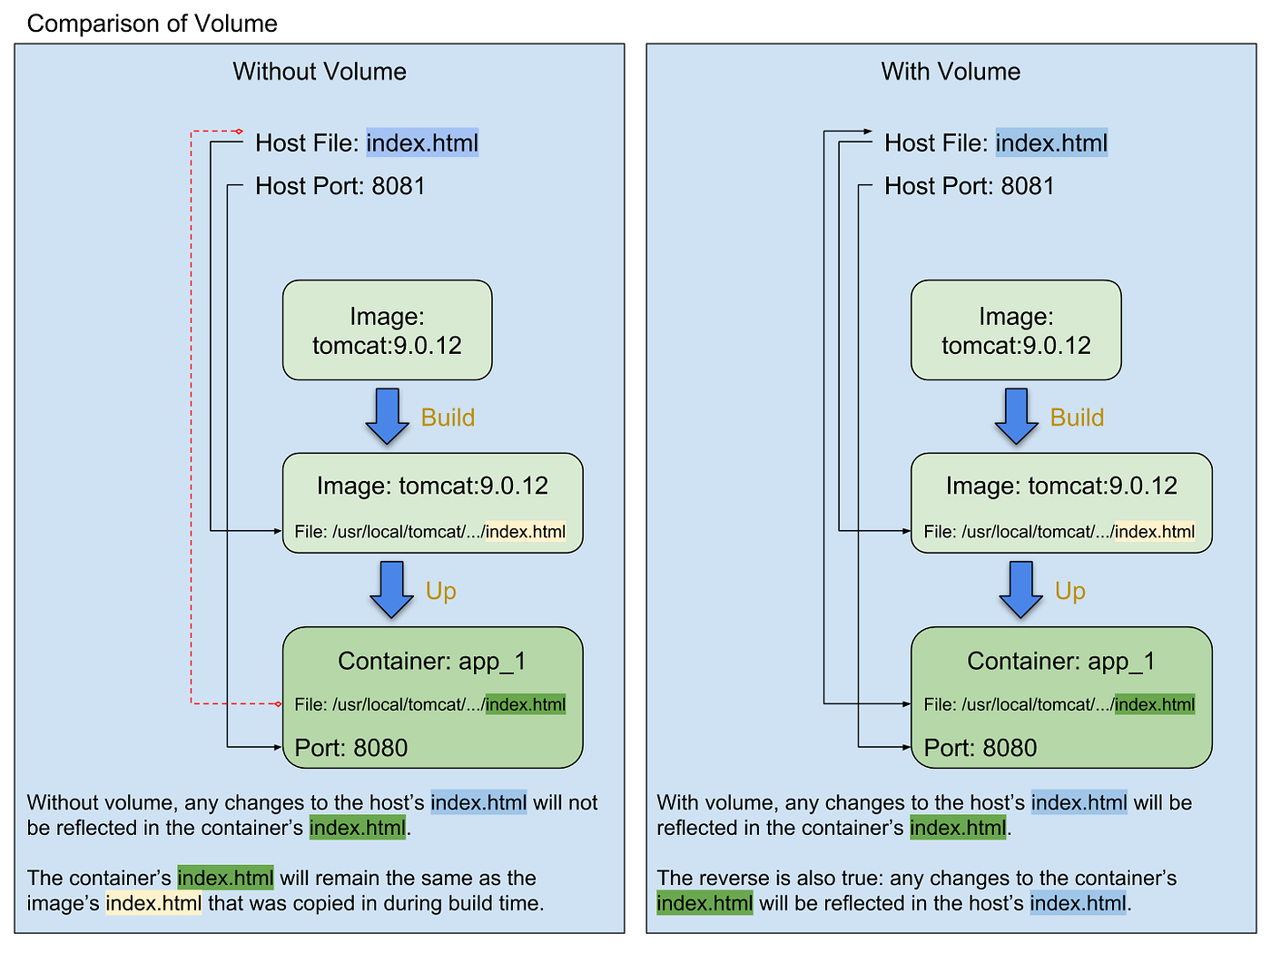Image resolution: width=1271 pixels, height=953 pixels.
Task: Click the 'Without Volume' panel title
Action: point(320,72)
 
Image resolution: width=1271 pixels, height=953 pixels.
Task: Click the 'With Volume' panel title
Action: point(951,72)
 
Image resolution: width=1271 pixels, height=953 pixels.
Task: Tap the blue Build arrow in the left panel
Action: point(388,416)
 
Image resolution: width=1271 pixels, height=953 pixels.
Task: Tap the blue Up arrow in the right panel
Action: point(1020,589)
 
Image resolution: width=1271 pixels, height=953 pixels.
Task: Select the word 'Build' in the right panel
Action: point(1077,418)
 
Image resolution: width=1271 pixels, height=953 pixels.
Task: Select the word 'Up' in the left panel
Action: point(441,591)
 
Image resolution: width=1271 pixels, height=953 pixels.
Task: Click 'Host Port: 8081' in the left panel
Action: point(340,186)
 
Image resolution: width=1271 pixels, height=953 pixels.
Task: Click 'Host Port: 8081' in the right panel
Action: point(969,186)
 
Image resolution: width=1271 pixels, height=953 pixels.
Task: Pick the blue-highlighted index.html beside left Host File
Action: point(422,142)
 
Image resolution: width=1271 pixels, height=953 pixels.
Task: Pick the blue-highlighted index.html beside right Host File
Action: point(1051,142)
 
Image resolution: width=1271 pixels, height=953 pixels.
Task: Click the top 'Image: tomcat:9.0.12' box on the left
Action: point(387,330)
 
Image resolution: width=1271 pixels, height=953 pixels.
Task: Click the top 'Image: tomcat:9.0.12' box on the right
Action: point(1016,330)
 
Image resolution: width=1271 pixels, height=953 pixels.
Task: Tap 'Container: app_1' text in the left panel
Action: point(431,661)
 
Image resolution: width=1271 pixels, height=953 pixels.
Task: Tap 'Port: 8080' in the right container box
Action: point(980,748)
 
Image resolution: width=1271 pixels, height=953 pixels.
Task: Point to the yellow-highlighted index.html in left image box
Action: point(526,532)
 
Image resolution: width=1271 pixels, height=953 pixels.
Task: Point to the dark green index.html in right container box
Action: point(1155,704)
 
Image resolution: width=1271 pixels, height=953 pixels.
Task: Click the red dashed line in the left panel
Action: point(191,418)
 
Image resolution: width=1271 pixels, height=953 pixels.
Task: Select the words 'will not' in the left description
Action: point(566,802)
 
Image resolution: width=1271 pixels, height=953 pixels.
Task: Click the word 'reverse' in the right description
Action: point(734,878)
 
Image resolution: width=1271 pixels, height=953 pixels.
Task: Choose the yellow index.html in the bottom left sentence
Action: point(153,903)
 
